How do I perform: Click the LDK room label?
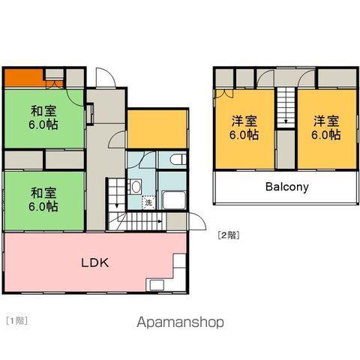[x=95, y=263]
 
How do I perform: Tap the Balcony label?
[x=287, y=187]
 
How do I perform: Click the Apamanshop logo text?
[x=180, y=322]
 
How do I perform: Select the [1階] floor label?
[x=17, y=320]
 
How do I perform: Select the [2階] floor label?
[x=229, y=235]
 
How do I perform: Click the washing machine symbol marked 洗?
[x=148, y=202]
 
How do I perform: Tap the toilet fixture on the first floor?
[x=178, y=160]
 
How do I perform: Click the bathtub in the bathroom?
[x=174, y=200]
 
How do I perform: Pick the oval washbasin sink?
[x=136, y=187]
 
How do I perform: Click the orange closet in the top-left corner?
[x=24, y=78]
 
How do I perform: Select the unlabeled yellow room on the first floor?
[x=157, y=129]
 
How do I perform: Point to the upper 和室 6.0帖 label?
[x=43, y=118]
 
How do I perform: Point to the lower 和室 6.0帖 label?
[x=43, y=199]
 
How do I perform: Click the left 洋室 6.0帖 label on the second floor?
[x=244, y=127]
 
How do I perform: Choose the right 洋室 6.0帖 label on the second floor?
[x=326, y=127]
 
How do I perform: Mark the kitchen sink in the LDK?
[x=157, y=285]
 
